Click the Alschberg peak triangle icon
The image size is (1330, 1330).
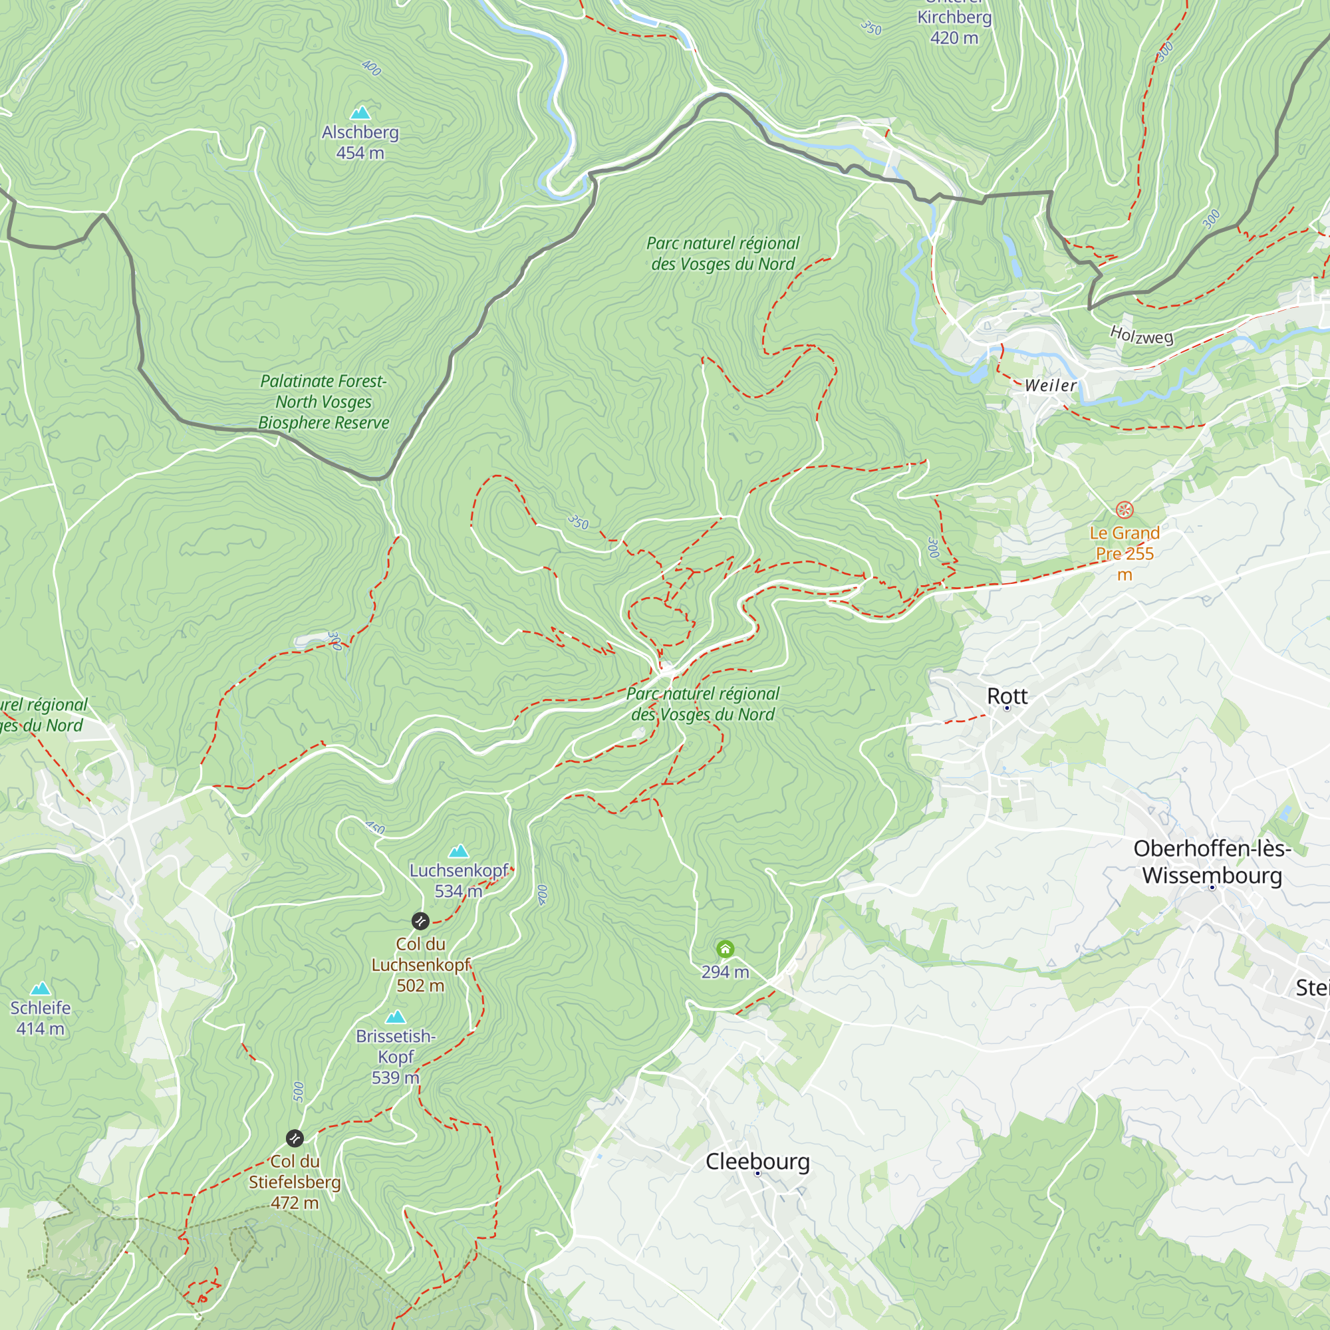(x=360, y=113)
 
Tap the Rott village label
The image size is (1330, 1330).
(x=1007, y=696)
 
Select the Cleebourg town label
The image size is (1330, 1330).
(x=757, y=1160)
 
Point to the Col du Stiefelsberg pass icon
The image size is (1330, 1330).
(x=295, y=1138)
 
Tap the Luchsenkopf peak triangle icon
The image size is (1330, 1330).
(x=458, y=852)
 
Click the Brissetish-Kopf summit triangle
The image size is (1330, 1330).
(x=395, y=1017)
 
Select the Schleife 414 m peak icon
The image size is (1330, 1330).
(x=41, y=989)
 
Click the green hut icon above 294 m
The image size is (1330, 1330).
(x=725, y=950)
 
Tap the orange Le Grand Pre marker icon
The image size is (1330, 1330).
(x=1124, y=510)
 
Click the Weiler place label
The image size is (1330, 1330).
(x=1051, y=386)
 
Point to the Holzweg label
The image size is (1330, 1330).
(x=1141, y=335)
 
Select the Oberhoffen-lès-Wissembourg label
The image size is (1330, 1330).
(x=1212, y=862)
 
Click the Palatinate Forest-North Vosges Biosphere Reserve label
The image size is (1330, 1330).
(x=324, y=402)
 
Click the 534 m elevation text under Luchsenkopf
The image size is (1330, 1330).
(x=458, y=891)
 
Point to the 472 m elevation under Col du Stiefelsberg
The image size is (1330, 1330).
(x=295, y=1202)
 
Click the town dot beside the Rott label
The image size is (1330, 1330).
(x=1007, y=708)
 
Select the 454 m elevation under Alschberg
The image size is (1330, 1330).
(x=360, y=153)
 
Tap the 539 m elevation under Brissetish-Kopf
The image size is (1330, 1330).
(x=395, y=1077)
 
